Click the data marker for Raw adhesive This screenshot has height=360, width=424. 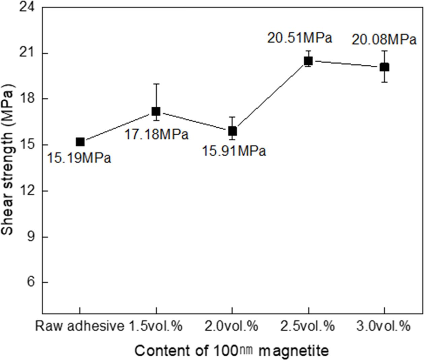click(80, 142)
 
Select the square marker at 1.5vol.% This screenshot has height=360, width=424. click(156, 111)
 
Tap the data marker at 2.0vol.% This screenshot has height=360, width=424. click(232, 131)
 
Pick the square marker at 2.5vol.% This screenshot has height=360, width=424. click(308, 61)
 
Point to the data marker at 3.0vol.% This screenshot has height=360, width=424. click(384, 67)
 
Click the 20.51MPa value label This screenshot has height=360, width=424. click(299, 38)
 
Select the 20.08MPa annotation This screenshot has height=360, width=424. click(384, 40)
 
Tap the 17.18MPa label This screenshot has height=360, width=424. click(157, 135)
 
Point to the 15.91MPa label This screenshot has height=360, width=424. click(234, 151)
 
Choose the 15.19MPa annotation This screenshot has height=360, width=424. click(78, 158)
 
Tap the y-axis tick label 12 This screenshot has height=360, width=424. click(29, 191)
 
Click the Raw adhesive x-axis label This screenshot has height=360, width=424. click(79, 326)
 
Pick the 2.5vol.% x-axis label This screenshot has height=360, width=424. click(308, 326)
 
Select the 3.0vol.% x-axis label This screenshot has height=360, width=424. click(384, 326)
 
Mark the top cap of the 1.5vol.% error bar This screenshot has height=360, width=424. click(156, 84)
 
